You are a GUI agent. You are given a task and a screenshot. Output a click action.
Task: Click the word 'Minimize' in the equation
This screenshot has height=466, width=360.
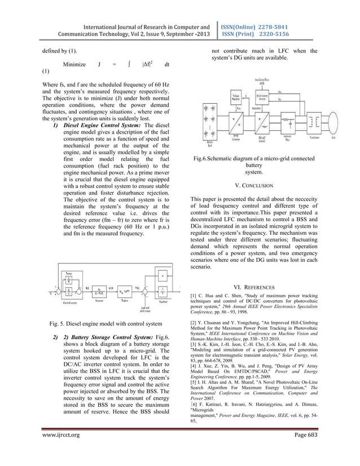pyautogui.click(x=75, y=65)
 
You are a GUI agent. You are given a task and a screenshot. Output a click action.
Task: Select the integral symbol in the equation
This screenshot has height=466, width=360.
pyautogui.click(x=130, y=64)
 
